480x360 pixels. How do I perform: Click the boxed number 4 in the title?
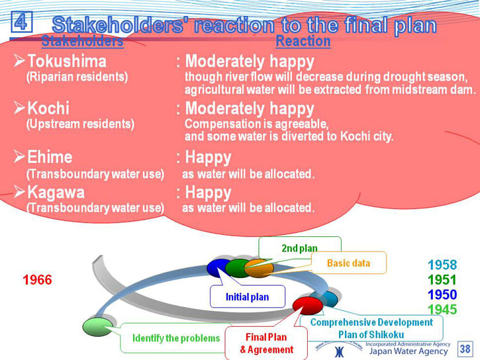point(21,21)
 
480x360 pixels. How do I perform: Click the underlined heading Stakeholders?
point(82,41)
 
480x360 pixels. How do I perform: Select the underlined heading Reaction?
point(303,41)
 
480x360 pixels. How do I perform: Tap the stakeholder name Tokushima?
point(67,61)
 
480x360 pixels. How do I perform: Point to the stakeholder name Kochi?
point(48,109)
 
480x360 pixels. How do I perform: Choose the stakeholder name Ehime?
point(50,157)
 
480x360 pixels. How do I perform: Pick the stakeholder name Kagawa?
point(56,193)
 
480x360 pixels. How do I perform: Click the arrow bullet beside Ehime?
point(19,157)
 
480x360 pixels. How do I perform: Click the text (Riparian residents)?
point(77,77)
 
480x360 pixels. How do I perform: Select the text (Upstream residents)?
point(80,124)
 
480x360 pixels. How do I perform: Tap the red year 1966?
point(37,280)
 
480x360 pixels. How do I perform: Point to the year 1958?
point(442,265)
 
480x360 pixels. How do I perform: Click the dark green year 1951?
point(442,280)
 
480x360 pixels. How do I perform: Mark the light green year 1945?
point(442,310)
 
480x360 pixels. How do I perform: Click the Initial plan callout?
point(248,296)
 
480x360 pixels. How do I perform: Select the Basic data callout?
point(349,263)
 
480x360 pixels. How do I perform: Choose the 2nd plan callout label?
point(300,248)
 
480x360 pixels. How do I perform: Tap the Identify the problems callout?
point(176,338)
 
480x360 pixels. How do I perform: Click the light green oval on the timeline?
point(97,327)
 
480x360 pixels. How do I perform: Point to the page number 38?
point(465,349)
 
